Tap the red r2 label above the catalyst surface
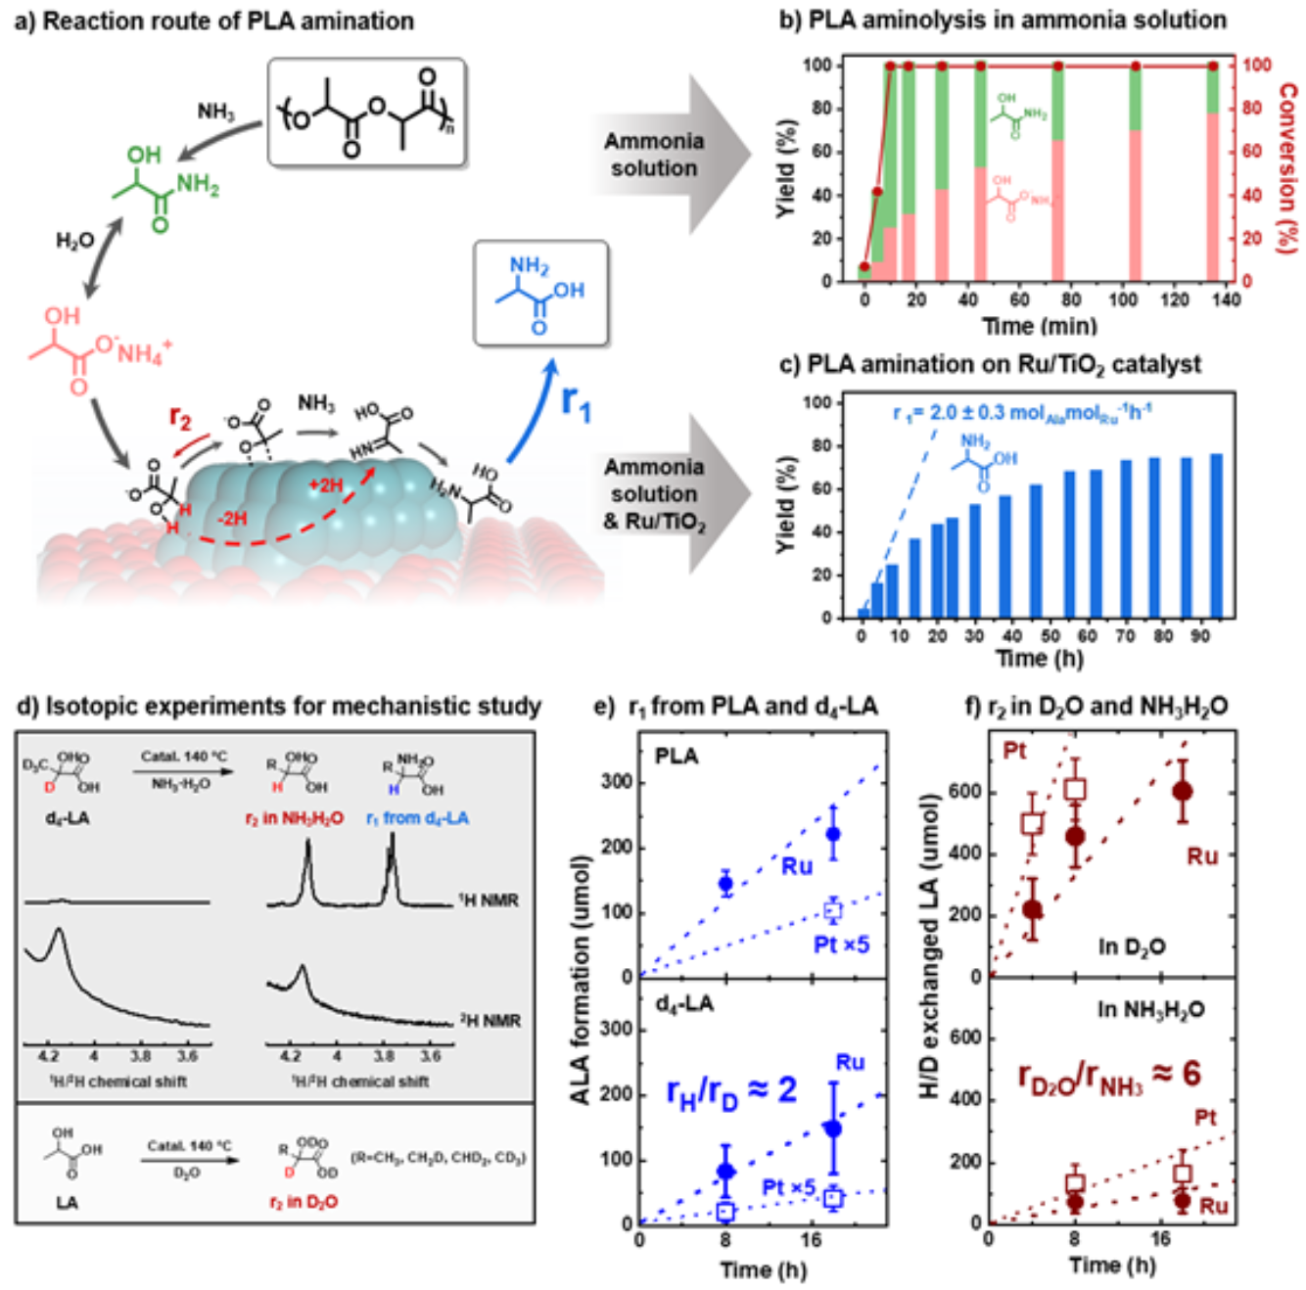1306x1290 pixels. pyautogui.click(x=180, y=418)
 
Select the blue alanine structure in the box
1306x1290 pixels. pyautogui.click(x=540, y=294)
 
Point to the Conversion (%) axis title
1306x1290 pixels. pyautogui.click(x=1287, y=166)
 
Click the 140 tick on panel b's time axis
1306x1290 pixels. pyautogui.click(x=1226, y=300)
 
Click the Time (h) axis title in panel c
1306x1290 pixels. pyautogui.click(x=1040, y=658)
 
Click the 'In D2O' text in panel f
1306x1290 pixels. pyautogui.click(x=1132, y=946)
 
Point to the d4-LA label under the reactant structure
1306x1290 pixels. pyautogui.click(x=67, y=817)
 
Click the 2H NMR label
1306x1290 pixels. pyautogui.click(x=490, y=1021)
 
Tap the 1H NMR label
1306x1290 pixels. pyautogui.click(x=489, y=900)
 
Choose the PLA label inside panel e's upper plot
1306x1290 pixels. pyautogui.click(x=676, y=757)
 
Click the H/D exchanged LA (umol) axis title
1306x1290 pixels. pyautogui.click(x=931, y=944)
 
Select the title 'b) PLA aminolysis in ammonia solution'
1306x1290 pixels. pyautogui.click(x=1003, y=20)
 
